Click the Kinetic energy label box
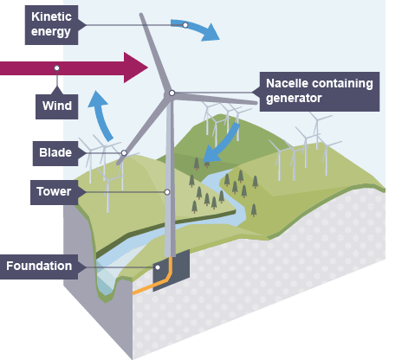(x=51, y=25)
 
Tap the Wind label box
(x=57, y=106)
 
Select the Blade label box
(x=55, y=153)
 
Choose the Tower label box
(x=55, y=192)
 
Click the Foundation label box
(x=39, y=267)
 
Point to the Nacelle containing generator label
(x=320, y=92)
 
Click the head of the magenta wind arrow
(x=136, y=67)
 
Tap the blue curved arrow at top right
(x=196, y=29)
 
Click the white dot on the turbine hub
(x=172, y=93)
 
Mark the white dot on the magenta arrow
(x=57, y=68)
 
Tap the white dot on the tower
(x=167, y=192)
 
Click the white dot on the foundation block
(x=158, y=267)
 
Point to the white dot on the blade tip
(x=124, y=153)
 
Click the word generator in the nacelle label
(x=294, y=99)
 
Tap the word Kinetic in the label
(x=51, y=16)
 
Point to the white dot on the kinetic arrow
(x=185, y=25)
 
